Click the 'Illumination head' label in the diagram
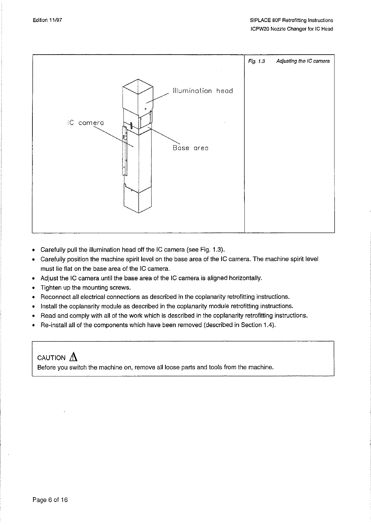[202, 91]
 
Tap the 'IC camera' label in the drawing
[85, 123]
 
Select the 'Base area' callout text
[190, 148]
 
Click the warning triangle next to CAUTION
[74, 357]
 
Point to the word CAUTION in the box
[51, 358]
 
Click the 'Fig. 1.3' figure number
[256, 61]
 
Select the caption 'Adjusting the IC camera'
[302, 61]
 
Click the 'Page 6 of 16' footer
[50, 500]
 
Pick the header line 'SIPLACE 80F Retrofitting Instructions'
[291, 20]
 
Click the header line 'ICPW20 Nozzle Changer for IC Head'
[292, 29]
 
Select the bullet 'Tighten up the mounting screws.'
[85, 287]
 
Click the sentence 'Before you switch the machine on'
[155, 367]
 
